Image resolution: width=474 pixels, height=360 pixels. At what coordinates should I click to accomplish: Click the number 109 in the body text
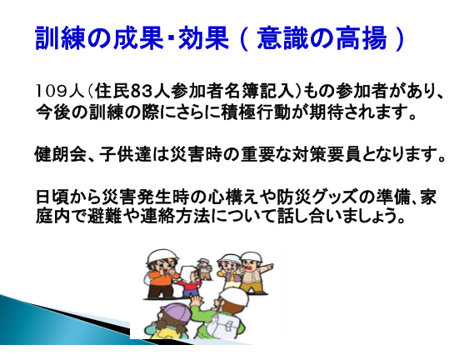[x=52, y=91]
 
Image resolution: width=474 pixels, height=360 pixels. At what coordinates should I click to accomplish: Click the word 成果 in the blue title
[x=137, y=37]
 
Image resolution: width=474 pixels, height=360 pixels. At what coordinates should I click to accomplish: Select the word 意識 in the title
[x=282, y=37]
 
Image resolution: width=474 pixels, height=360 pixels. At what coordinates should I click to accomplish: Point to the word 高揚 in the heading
[x=362, y=37]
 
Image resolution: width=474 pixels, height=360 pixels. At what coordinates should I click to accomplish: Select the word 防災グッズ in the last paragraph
[x=312, y=197]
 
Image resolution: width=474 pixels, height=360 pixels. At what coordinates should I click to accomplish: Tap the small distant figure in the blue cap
[x=204, y=268]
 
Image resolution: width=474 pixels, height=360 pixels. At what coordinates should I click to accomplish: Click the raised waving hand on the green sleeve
[x=196, y=302]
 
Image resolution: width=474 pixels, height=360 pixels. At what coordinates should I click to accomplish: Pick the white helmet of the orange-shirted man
[x=162, y=256]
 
